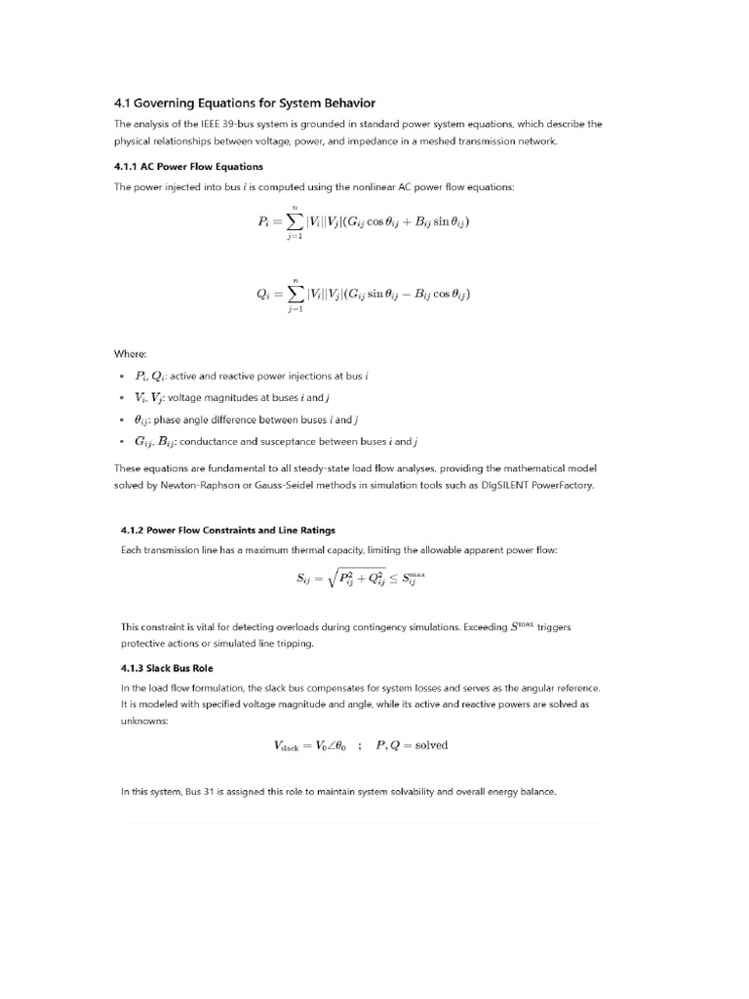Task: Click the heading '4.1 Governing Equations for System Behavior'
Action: point(244,103)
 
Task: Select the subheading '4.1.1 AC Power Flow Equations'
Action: point(188,167)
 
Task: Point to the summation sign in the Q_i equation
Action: point(295,294)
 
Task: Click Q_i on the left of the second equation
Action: point(264,294)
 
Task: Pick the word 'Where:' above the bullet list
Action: point(131,354)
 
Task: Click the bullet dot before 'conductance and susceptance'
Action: point(121,441)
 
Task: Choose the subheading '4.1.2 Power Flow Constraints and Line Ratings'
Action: point(227,530)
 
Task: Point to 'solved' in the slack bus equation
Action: point(431,745)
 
